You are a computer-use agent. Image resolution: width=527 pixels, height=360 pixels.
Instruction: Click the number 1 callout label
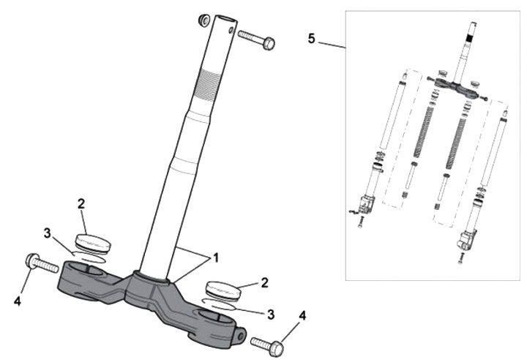[214, 259]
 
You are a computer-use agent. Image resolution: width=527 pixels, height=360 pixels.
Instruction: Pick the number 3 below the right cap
[270, 315]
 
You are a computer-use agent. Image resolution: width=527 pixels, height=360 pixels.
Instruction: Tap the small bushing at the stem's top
[205, 18]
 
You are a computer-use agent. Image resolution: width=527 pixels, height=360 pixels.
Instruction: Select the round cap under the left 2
[92, 242]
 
